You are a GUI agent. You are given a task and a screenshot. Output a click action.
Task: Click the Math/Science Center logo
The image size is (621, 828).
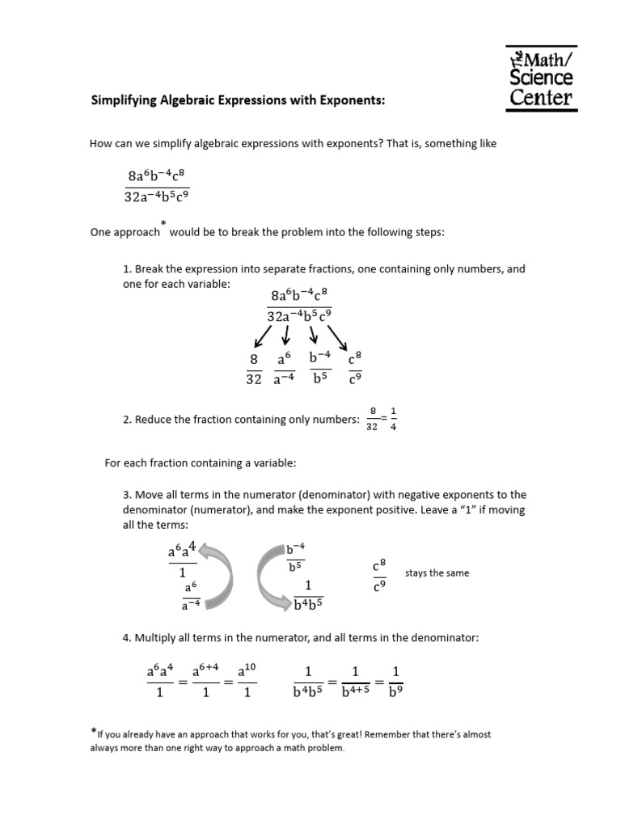point(541,78)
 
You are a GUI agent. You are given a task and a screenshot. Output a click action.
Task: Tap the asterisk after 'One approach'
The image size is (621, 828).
point(163,223)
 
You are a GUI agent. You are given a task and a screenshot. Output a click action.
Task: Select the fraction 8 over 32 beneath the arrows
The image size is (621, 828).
point(253,370)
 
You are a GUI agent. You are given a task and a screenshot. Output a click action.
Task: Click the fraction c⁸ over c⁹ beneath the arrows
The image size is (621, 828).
point(353,370)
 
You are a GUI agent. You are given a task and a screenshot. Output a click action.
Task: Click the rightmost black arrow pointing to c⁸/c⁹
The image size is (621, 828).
point(337,338)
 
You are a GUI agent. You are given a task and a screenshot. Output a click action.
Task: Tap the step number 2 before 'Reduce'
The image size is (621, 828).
point(126,419)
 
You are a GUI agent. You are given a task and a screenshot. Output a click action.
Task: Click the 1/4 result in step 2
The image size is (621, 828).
point(394,419)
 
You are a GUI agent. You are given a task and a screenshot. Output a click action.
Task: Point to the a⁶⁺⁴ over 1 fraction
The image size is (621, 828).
point(205,681)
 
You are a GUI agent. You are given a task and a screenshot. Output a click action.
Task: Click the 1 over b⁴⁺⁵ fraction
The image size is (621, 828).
point(353,681)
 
